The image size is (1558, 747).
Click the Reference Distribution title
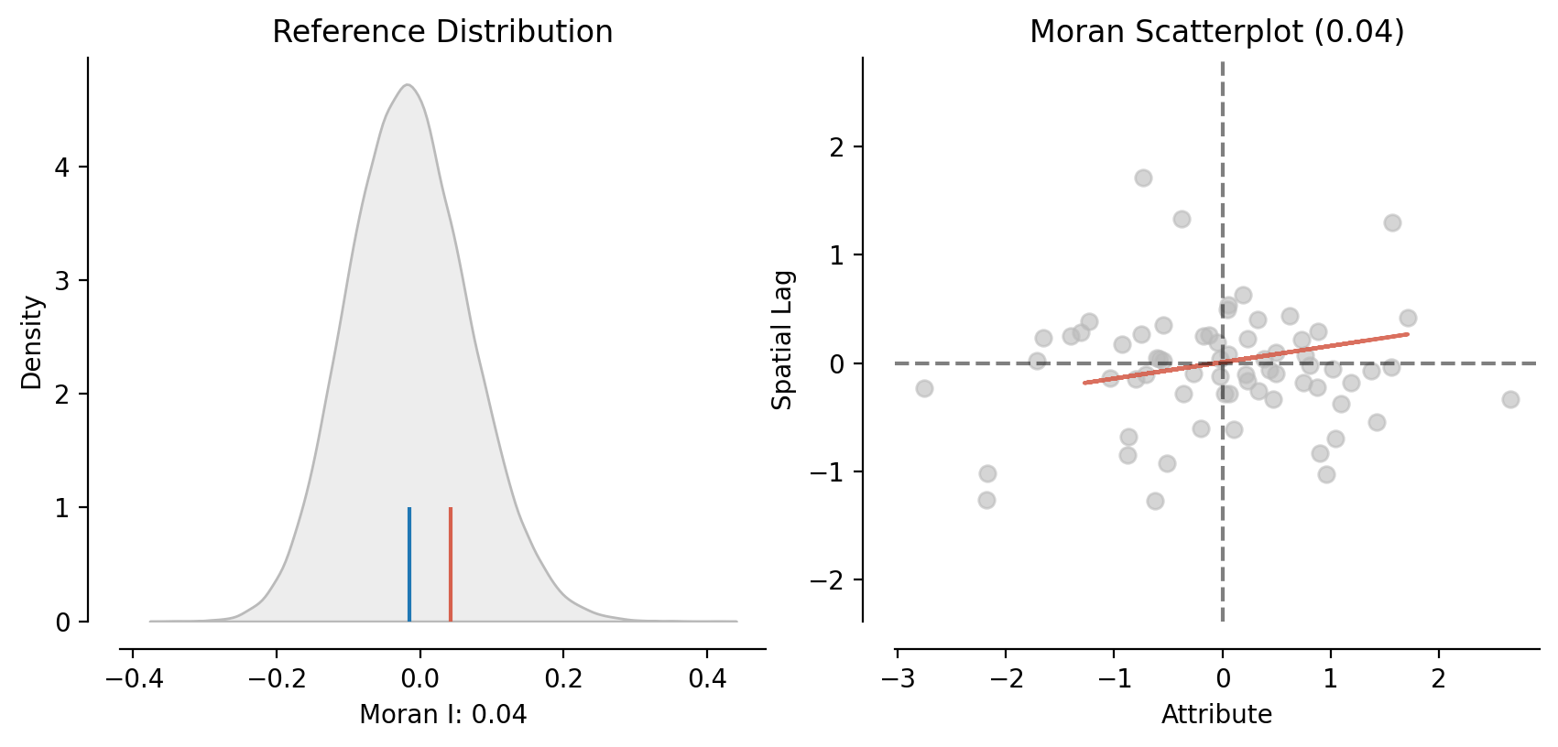click(442, 32)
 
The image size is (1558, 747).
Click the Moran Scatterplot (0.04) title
click(1216, 32)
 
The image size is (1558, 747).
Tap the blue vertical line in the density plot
click(409, 564)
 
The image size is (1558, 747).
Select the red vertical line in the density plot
click(451, 564)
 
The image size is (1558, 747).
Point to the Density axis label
click(32, 341)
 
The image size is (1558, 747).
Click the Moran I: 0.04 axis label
click(442, 715)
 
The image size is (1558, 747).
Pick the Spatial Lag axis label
click(782, 340)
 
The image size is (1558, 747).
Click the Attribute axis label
click(1216, 715)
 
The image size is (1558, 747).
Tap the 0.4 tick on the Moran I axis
click(706, 679)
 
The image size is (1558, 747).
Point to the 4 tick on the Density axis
click(62, 167)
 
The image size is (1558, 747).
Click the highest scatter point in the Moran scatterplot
click(1143, 178)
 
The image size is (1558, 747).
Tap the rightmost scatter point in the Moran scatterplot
click(1510, 399)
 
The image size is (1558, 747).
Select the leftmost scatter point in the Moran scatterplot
click(924, 388)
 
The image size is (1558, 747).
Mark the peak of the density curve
click(408, 85)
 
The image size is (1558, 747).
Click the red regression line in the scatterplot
click(1246, 359)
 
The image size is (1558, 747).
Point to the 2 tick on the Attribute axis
click(1439, 679)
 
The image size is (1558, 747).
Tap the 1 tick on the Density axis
click(62, 508)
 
